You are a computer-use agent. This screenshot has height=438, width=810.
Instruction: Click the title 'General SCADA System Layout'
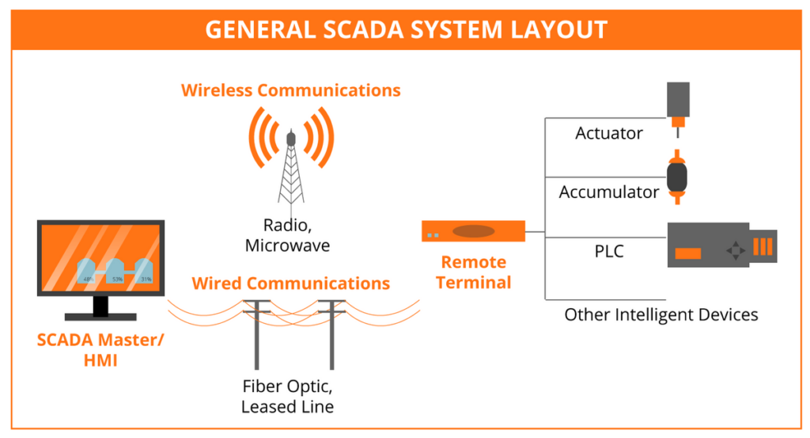(405, 29)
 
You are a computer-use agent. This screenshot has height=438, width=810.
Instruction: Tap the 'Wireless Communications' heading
(290, 90)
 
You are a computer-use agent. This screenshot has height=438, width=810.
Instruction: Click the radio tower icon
(290, 162)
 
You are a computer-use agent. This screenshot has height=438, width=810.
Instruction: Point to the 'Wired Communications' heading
(290, 284)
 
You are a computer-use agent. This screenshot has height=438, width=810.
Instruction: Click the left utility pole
(257, 333)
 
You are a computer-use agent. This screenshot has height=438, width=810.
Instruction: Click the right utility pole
(331, 333)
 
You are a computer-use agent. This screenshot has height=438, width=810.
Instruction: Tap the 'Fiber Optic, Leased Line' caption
(287, 397)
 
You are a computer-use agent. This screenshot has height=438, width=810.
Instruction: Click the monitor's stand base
(100, 316)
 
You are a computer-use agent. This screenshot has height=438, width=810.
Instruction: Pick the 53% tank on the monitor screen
(116, 272)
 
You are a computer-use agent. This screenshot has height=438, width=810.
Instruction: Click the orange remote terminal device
(473, 231)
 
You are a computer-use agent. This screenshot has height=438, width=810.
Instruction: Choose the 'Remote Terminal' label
(473, 272)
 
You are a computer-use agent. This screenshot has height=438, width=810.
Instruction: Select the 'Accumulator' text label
(608, 192)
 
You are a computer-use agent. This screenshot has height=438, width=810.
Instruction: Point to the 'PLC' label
(608, 252)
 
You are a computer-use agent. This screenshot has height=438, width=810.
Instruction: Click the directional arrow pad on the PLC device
(736, 251)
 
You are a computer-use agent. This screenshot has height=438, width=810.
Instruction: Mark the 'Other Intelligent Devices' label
(660, 314)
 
